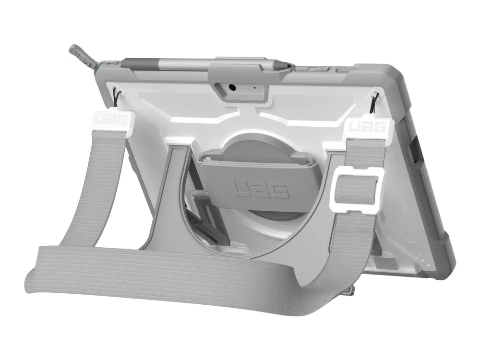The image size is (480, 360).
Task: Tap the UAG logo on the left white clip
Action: point(113,120)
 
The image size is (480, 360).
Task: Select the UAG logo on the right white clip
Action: point(367,126)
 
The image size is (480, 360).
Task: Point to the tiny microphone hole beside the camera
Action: point(255,88)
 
